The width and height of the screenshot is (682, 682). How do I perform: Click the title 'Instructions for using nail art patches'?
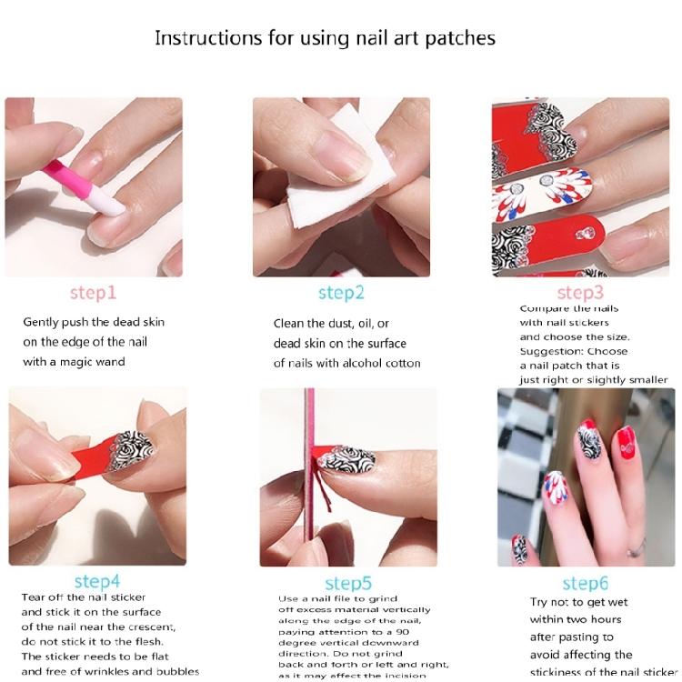coord(325,38)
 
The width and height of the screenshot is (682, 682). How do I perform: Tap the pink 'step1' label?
coord(93,293)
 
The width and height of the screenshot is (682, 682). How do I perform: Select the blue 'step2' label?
coord(341,293)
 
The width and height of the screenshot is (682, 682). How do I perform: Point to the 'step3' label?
coord(580,293)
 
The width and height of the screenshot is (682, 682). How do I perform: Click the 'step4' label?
coord(97,581)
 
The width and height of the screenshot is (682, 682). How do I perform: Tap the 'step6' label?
coord(585,583)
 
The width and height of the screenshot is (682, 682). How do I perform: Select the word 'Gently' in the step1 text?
coord(42,322)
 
